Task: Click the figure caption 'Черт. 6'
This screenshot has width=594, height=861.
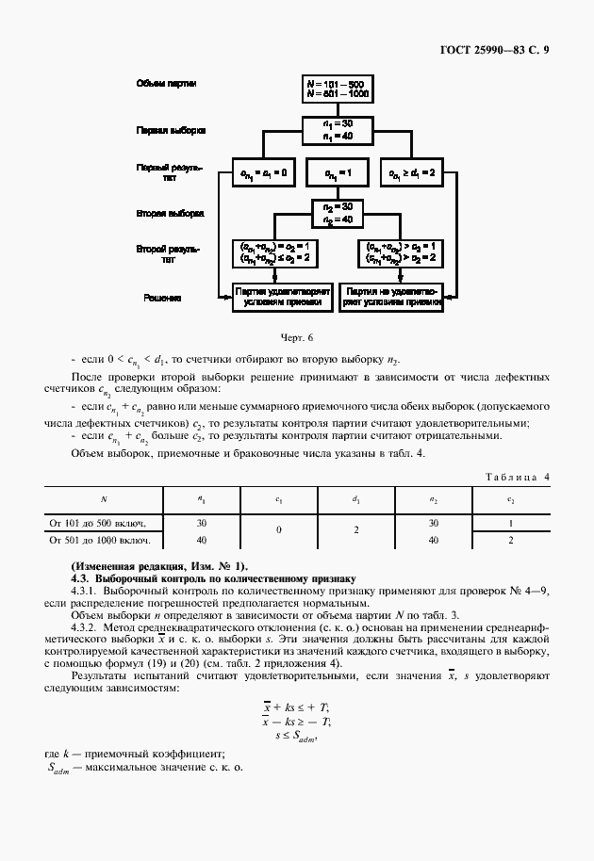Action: (296, 336)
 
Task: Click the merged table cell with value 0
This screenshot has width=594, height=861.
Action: (279, 531)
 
